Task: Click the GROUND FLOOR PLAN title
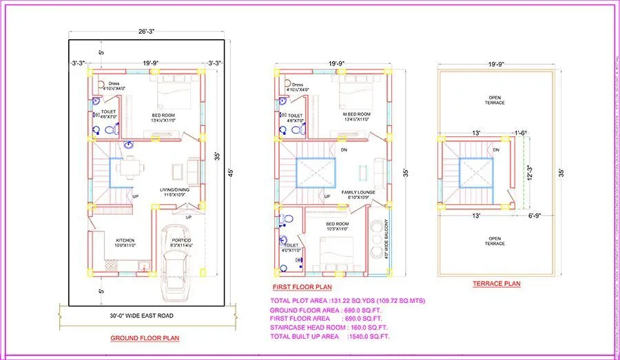click(145, 338)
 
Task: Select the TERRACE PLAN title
click(496, 283)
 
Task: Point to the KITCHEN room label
click(114, 241)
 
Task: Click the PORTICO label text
click(182, 241)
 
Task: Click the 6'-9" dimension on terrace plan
click(535, 216)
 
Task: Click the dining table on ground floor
click(129, 167)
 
